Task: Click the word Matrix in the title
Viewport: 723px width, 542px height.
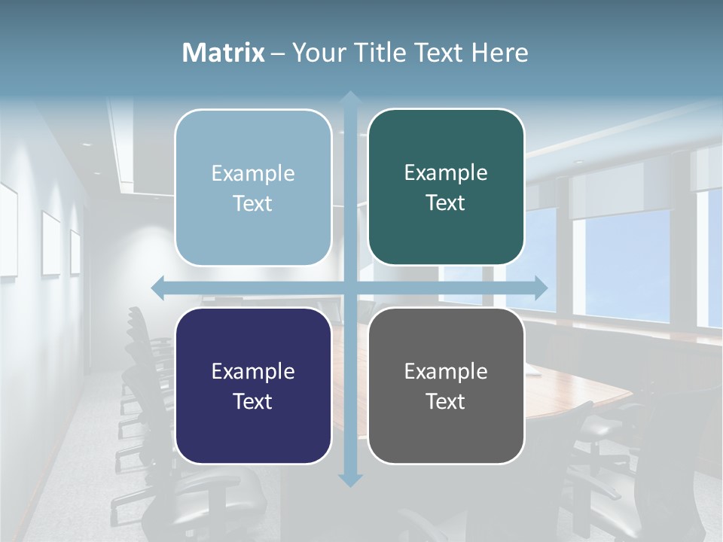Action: (224, 53)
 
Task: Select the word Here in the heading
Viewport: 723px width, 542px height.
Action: (499, 53)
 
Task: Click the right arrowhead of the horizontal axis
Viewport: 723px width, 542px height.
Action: (541, 288)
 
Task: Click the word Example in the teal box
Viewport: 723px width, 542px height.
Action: (446, 172)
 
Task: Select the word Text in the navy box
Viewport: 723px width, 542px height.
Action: (253, 401)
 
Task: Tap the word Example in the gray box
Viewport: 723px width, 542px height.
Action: (446, 371)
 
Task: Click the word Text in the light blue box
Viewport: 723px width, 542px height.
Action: (253, 203)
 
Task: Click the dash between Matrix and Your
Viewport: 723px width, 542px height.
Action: (278, 53)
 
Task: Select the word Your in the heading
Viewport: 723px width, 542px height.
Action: (316, 53)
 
